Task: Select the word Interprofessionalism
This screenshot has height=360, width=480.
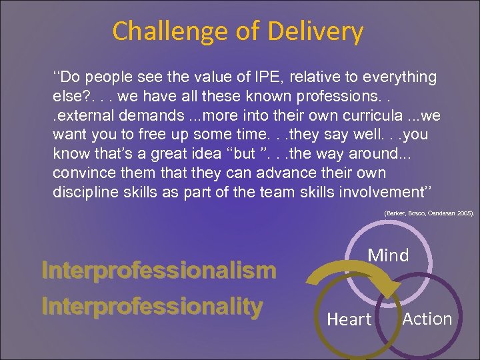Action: click(x=159, y=271)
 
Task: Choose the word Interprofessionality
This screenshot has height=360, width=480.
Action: click(x=152, y=306)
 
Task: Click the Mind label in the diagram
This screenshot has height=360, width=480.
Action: click(x=388, y=255)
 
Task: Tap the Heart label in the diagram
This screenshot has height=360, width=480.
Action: click(x=349, y=320)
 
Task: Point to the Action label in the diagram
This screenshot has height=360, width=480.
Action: click(x=427, y=319)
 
